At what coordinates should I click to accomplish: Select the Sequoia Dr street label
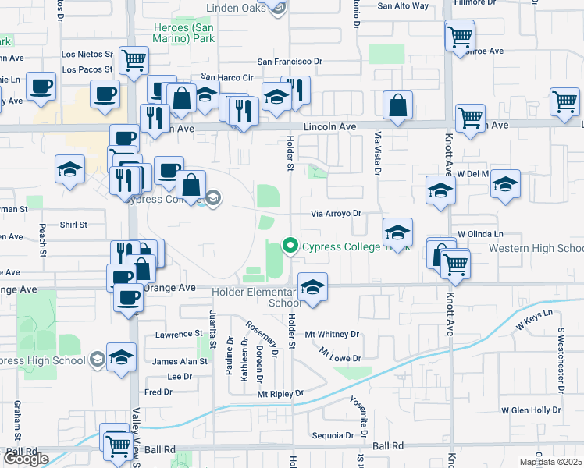tap(333, 435)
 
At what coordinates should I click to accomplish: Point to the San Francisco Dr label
tap(290, 62)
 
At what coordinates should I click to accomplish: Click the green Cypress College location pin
tap(290, 246)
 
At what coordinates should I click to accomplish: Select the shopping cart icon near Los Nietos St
tap(134, 59)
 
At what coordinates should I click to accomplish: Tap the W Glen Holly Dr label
tap(531, 409)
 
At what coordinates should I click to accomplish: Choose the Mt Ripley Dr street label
tap(280, 394)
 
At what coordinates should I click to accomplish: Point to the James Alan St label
tap(180, 361)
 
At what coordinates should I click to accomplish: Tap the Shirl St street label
tap(74, 224)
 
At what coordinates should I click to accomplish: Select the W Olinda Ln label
tap(480, 233)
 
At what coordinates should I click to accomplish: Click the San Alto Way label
tap(403, 5)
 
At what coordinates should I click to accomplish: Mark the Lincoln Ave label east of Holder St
tap(336, 126)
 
